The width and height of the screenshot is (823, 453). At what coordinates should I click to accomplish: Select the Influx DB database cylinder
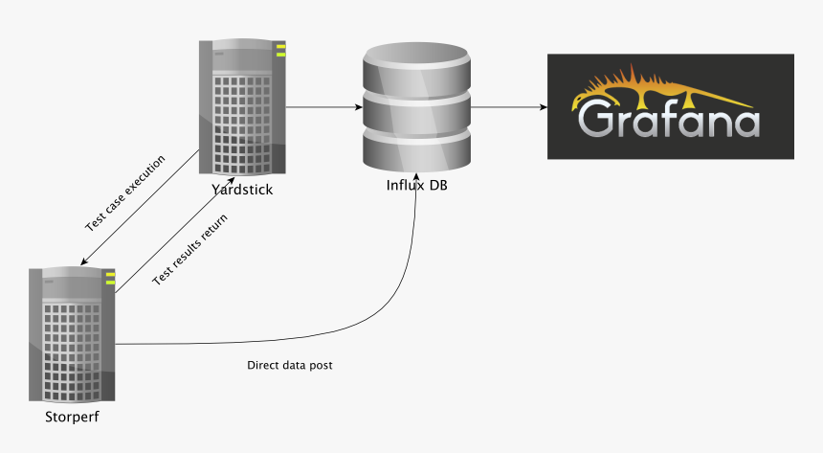tap(417, 106)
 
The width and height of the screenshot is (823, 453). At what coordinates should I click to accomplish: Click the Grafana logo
tap(670, 106)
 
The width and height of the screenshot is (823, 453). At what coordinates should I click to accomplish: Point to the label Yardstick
tap(243, 190)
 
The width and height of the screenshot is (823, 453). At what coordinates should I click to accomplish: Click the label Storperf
tap(72, 418)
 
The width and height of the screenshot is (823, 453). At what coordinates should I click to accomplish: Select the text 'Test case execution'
tap(124, 193)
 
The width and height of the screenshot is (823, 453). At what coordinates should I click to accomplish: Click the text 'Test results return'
tap(189, 247)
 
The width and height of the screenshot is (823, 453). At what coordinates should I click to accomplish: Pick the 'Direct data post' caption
tap(290, 366)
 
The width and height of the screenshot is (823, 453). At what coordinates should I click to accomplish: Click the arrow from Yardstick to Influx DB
tap(322, 107)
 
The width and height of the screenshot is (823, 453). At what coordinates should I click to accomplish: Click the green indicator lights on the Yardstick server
tap(281, 50)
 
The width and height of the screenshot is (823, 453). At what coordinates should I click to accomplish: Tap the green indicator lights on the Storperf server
tap(110, 279)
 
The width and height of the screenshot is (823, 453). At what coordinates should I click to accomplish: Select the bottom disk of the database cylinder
tap(417, 148)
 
